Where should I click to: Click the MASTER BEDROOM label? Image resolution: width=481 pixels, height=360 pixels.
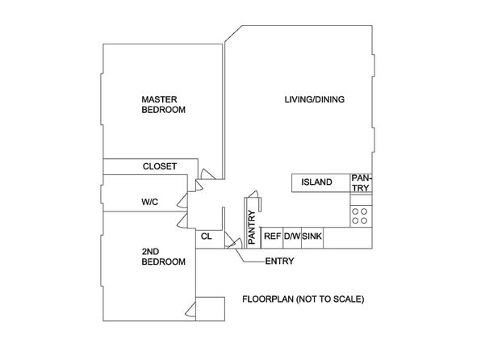164,105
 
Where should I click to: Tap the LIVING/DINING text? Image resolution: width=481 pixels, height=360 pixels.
315,99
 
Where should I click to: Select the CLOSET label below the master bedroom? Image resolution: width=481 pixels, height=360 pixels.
160,166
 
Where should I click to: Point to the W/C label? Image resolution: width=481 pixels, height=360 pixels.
149,202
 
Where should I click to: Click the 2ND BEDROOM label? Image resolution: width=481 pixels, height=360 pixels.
164,257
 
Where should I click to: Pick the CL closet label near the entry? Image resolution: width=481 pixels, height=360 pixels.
206,237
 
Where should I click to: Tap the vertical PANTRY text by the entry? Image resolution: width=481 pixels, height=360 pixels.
252,228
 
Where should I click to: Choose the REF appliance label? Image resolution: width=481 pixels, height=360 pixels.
273,237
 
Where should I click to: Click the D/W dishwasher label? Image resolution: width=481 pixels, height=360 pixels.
292,237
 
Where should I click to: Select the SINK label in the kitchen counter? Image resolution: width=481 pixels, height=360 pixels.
312,237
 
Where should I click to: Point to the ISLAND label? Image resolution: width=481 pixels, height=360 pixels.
316,182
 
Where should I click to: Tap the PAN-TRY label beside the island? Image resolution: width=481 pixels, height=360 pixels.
362,183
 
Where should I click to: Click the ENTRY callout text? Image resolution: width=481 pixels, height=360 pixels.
279,262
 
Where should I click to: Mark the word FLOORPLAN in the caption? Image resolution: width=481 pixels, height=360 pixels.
268,299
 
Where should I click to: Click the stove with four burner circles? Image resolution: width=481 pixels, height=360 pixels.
361,216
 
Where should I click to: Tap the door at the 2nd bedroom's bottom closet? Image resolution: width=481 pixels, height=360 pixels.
190,310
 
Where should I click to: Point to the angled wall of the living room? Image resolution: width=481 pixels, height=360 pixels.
233,34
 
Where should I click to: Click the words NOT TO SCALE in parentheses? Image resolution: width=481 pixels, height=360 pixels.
330,299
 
